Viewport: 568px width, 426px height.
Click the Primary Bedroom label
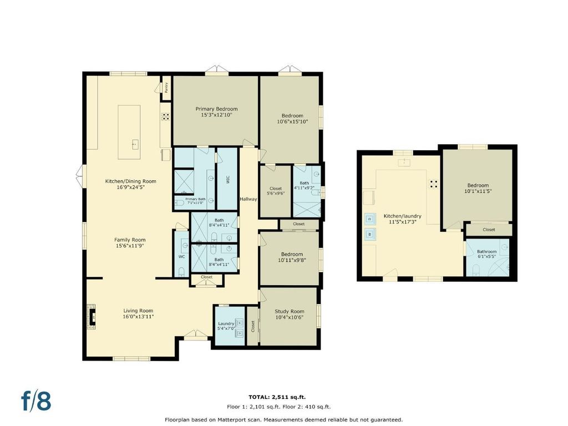217,109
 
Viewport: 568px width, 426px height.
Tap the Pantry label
166,87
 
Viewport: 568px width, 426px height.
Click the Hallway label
248,199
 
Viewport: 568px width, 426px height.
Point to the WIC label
227,180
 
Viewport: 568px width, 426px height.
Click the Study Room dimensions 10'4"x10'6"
289,317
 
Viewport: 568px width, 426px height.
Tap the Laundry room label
226,323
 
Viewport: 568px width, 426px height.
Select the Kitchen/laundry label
403,216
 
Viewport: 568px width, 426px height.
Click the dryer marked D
370,219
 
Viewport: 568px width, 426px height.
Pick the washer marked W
370,234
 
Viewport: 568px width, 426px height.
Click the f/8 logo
36,400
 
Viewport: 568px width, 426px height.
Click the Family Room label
130,240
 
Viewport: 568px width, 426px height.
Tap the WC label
181,257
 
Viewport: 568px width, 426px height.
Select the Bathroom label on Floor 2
486,251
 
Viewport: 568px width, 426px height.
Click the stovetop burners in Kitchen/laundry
434,184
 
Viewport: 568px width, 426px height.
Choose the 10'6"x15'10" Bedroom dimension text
292,121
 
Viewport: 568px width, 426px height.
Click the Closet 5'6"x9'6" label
276,191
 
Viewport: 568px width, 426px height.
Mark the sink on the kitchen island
135,145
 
